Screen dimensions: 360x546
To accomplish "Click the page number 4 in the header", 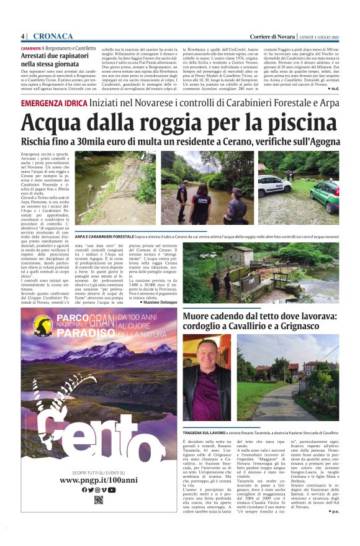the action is (22, 35).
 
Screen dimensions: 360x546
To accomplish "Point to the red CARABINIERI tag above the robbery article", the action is (31, 48).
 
